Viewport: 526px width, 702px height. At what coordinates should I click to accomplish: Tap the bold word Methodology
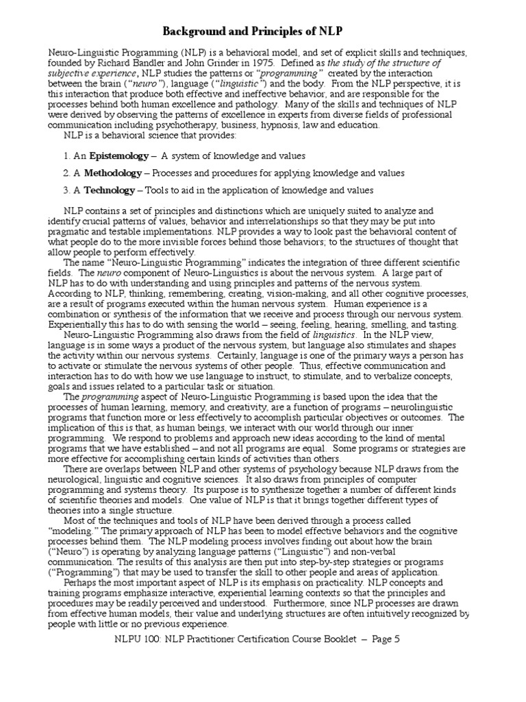(x=113, y=173)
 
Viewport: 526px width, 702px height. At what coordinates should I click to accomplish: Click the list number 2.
(x=66, y=173)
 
